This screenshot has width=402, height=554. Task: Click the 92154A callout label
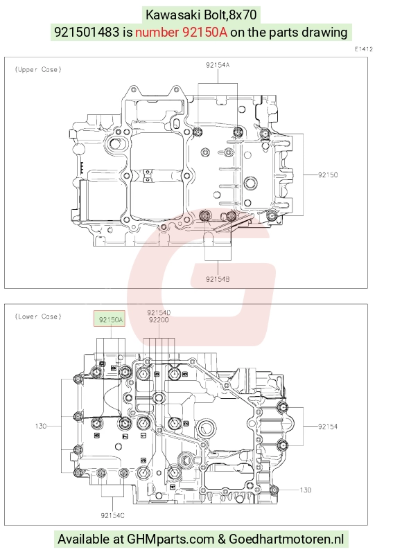tap(218, 65)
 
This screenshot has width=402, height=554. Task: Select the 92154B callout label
tap(218, 279)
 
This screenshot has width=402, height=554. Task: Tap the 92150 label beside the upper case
tap(328, 175)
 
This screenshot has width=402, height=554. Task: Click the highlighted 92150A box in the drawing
tap(110, 319)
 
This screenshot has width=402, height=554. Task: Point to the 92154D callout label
tap(159, 313)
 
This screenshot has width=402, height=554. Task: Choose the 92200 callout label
tap(159, 320)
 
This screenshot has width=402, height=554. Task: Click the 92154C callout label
tap(112, 515)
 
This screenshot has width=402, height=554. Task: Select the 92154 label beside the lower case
tap(328, 427)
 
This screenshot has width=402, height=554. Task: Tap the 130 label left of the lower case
tap(41, 426)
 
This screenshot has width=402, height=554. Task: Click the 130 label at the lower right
tap(305, 490)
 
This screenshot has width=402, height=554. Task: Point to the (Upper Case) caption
tap(38, 70)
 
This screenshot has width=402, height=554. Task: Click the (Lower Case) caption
tap(38, 316)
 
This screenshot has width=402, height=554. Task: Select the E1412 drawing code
tap(364, 49)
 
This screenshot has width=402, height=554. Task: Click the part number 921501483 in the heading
tap(87, 32)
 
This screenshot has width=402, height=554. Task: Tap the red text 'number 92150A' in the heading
tap(182, 32)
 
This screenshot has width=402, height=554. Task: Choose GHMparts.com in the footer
tap(171, 539)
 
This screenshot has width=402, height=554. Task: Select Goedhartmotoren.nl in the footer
tap(286, 539)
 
